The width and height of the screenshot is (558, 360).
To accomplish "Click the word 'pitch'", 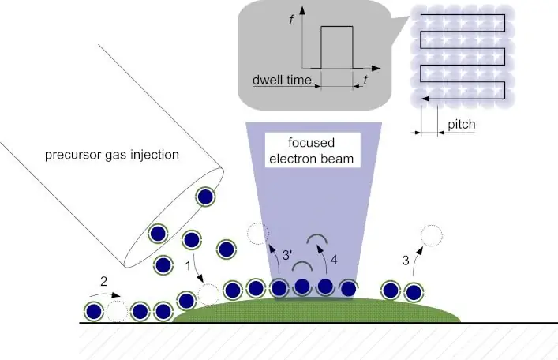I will [462, 125].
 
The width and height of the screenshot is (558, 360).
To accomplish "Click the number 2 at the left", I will [103, 281].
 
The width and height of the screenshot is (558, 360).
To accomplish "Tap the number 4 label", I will [334, 257].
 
